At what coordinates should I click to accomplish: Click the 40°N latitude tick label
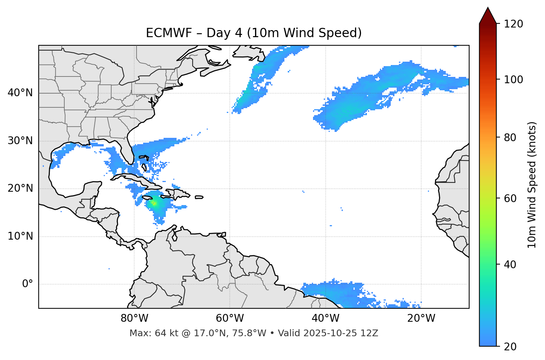20,93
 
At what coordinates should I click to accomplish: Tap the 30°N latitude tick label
20,141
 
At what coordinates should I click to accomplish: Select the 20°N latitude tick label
20,188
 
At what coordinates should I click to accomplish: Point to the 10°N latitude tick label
20,236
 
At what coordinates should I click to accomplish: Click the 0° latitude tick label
28,284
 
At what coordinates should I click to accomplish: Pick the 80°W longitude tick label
134,318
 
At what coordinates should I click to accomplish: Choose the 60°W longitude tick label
230,318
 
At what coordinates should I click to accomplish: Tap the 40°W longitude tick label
325,318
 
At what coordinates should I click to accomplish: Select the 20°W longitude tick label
421,318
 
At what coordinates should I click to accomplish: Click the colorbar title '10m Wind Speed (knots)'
532,185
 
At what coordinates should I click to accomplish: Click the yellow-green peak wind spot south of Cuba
154,203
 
